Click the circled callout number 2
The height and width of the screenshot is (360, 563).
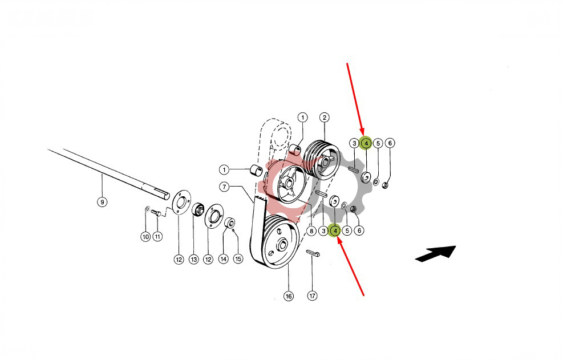(x=324, y=118)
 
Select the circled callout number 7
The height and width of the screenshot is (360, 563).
(x=224, y=187)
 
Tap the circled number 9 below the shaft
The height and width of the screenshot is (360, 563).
(x=102, y=203)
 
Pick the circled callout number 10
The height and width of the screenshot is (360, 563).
(x=145, y=237)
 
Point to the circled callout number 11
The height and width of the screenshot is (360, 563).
(x=157, y=237)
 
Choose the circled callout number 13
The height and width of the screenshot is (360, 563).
(x=194, y=260)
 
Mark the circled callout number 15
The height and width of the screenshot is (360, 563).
(x=238, y=258)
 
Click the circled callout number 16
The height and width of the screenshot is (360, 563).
(x=289, y=296)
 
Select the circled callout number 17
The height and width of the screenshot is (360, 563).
(x=313, y=296)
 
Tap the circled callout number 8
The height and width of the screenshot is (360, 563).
(x=311, y=230)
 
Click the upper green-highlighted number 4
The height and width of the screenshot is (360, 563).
(x=366, y=143)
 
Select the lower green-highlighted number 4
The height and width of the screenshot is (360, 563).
(x=335, y=230)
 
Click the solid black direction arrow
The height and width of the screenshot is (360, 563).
(x=436, y=253)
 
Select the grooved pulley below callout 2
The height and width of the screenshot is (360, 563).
(x=322, y=160)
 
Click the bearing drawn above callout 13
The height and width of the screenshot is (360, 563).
(x=197, y=209)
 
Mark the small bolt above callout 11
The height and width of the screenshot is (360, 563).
(x=156, y=212)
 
